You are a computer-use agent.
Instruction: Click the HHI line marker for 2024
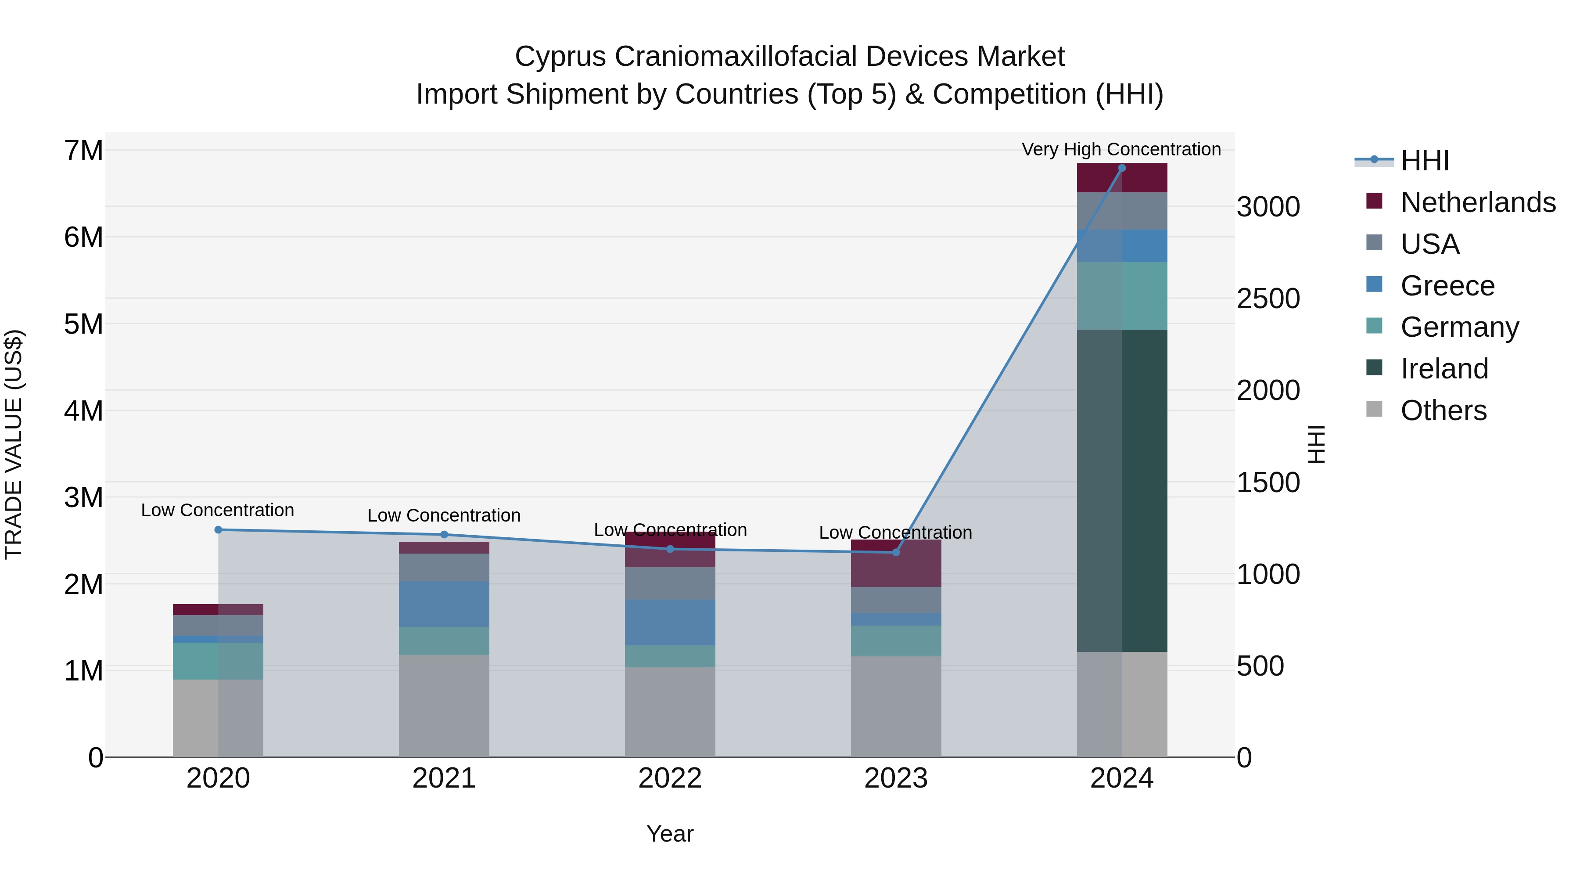pyautogui.click(x=1122, y=168)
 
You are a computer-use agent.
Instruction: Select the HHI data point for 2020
pyautogui.click(x=219, y=529)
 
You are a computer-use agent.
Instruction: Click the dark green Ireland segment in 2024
pyautogui.click(x=1122, y=491)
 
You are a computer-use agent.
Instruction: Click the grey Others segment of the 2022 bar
pyautogui.click(x=670, y=712)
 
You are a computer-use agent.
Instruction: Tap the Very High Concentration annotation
pyautogui.click(x=1121, y=149)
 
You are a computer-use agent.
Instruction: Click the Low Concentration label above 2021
pyautogui.click(x=444, y=515)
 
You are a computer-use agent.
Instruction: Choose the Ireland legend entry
pyautogui.click(x=1444, y=369)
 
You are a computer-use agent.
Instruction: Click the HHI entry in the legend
pyautogui.click(x=1424, y=161)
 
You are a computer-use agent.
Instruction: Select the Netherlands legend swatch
pyautogui.click(x=1375, y=201)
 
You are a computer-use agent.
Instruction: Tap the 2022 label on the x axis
pyautogui.click(x=670, y=778)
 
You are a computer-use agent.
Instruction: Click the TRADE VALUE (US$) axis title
pyautogui.click(x=14, y=444)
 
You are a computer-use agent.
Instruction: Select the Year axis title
pyautogui.click(x=670, y=834)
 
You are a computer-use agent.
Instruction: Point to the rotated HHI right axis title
pyautogui.click(x=1317, y=444)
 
